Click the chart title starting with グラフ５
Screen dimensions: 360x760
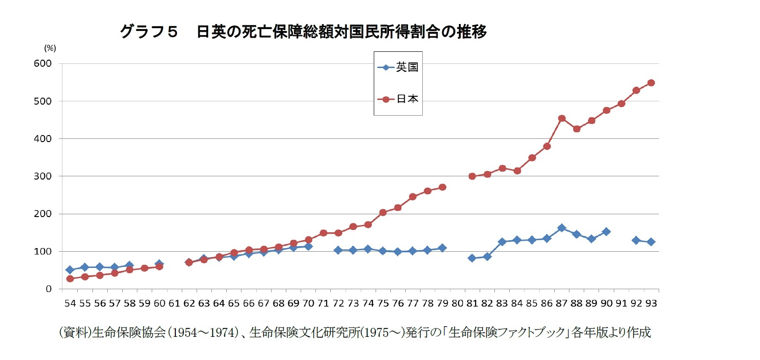pyautogui.click(x=303, y=31)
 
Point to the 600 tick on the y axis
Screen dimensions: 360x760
pyautogui.click(x=43, y=63)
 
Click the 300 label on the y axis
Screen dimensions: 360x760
pyautogui.click(x=43, y=176)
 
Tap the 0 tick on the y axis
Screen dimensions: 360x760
pyautogui.click(x=49, y=289)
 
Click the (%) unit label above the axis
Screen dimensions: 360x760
pyautogui.click(x=50, y=48)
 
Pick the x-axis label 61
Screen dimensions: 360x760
pyautogui.click(x=174, y=304)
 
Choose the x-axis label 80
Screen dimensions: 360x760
pyautogui.click(x=457, y=304)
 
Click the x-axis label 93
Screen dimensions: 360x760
pyautogui.click(x=651, y=304)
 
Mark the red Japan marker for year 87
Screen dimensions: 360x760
pyautogui.click(x=562, y=118)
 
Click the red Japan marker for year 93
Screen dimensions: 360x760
pyautogui.click(x=651, y=83)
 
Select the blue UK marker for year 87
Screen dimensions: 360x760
pyautogui.click(x=562, y=228)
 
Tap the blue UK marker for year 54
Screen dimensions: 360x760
pyautogui.click(x=70, y=270)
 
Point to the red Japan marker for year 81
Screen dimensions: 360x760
pyautogui.click(x=472, y=176)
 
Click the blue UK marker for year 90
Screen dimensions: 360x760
pyautogui.click(x=606, y=231)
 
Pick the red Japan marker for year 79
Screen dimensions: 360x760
pyautogui.click(x=442, y=187)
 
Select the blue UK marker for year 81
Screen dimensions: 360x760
pyautogui.click(x=472, y=258)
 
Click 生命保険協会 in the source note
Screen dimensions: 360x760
pyautogui.click(x=129, y=332)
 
